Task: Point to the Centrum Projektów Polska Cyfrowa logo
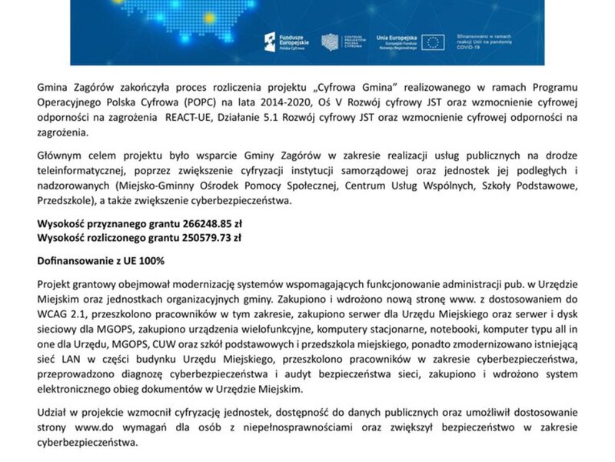(331, 41)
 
